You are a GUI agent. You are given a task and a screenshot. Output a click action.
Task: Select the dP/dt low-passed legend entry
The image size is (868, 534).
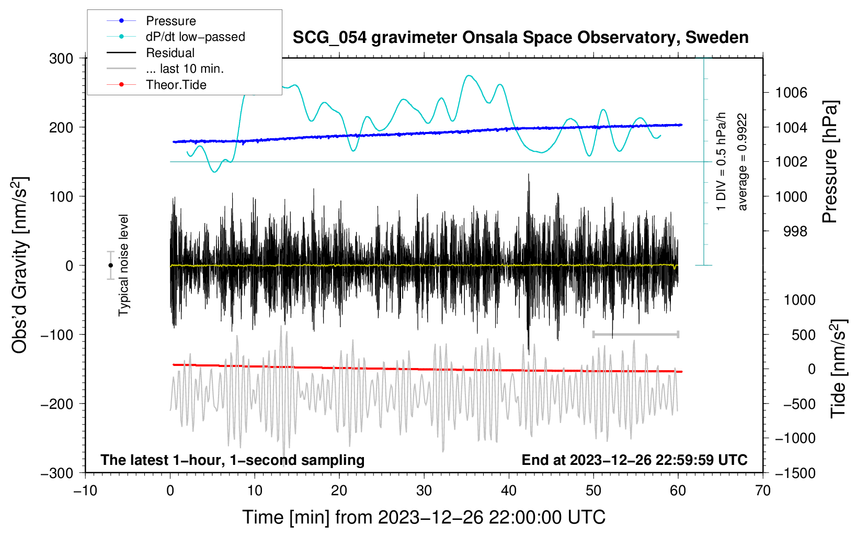point(195,37)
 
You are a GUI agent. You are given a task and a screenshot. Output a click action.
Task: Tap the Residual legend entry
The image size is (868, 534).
point(170,53)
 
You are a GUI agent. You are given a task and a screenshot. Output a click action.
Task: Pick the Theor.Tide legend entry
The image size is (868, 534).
point(176,85)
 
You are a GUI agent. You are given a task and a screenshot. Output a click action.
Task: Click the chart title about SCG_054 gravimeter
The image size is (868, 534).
point(520,38)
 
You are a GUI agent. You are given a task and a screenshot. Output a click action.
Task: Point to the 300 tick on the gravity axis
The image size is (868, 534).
point(61,59)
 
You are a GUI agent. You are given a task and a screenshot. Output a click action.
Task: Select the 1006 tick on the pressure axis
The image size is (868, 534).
point(791,93)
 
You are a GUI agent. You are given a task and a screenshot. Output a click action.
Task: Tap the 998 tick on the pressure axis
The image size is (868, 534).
point(795,231)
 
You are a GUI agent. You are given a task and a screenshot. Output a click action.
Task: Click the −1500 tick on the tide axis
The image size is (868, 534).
point(795,473)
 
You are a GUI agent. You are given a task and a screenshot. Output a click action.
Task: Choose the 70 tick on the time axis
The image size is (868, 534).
point(763,491)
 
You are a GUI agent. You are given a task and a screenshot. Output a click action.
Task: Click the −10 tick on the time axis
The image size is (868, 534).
point(85,491)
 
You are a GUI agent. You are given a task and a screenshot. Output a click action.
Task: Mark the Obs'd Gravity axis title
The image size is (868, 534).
point(20,265)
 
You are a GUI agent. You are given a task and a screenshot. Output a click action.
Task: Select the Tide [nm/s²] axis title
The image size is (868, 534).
point(839,369)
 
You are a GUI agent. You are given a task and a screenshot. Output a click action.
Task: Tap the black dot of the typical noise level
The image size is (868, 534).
point(111,265)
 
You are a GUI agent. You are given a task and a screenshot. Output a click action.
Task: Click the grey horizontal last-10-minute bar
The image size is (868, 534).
point(636,334)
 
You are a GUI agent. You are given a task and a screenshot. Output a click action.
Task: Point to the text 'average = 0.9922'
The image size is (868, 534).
point(743,162)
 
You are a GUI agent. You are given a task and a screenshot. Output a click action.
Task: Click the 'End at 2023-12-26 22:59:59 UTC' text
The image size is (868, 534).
point(634,460)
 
